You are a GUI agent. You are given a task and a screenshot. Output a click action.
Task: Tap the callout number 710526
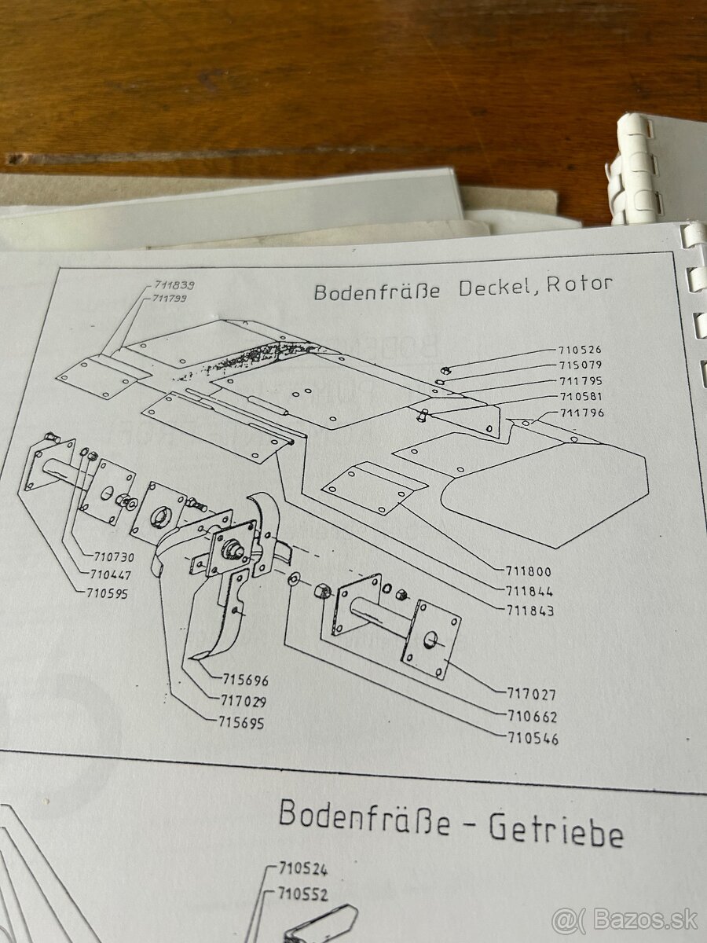(x=580, y=350)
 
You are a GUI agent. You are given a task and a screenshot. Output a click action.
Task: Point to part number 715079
(x=581, y=365)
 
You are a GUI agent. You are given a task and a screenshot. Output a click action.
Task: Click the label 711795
(x=581, y=381)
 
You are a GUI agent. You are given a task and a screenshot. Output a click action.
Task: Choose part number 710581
(x=581, y=397)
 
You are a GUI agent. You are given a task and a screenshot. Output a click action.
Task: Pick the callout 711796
(x=582, y=413)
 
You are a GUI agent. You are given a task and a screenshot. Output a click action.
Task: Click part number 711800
(x=529, y=573)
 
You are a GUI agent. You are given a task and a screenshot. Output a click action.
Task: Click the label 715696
(x=244, y=681)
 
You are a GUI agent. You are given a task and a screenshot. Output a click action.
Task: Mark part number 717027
(x=532, y=695)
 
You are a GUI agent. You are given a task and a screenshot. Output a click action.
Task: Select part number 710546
(x=533, y=739)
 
